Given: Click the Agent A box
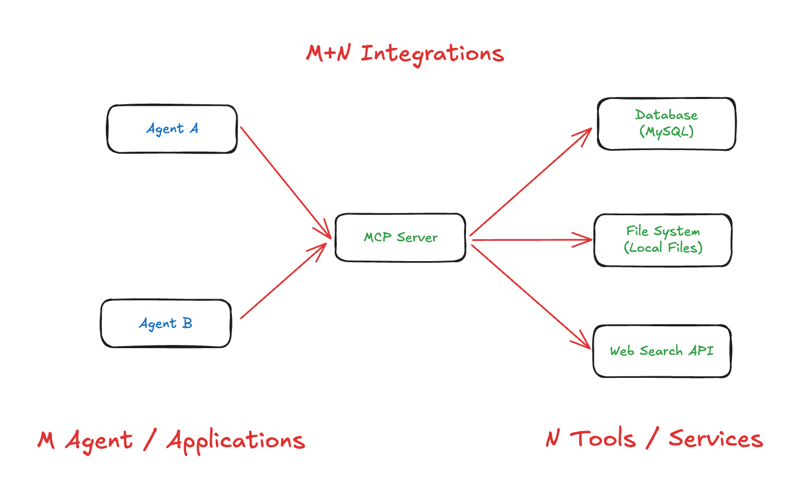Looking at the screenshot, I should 172,129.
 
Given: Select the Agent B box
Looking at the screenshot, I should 166,323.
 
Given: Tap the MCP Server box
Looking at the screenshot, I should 400,238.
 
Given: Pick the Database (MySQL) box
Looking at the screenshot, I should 666,124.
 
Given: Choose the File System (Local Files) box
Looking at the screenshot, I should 663,240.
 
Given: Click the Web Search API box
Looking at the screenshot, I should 662,351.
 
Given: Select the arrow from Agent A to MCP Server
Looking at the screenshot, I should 285,182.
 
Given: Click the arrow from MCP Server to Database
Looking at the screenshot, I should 531,182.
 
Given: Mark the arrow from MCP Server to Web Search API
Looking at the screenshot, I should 531,297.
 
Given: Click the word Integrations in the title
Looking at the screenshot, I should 432,54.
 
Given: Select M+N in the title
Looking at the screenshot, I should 328,53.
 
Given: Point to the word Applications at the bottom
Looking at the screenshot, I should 236,441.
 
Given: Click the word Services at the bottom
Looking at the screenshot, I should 716,439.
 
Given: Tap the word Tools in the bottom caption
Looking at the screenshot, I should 603,439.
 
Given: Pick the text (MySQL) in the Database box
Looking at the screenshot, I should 666,132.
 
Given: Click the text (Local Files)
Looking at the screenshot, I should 663,248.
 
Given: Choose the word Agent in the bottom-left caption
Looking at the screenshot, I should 99,441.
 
